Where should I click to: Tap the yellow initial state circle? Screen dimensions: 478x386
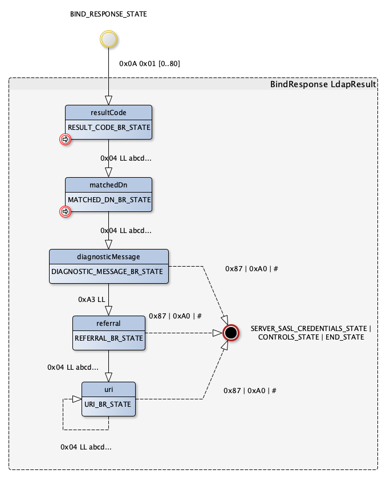[x=108, y=39]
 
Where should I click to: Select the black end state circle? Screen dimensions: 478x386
[x=230, y=332]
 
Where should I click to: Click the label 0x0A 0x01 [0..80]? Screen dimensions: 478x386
[x=149, y=64]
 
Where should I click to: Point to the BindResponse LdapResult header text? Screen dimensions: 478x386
[x=323, y=84]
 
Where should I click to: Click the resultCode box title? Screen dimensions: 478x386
[x=108, y=112]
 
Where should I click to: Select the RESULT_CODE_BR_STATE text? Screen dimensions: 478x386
[x=109, y=128]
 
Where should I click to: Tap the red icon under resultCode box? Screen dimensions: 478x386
[x=65, y=139]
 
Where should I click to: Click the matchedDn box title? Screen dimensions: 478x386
[x=108, y=185]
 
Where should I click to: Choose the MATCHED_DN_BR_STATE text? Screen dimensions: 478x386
[x=109, y=200]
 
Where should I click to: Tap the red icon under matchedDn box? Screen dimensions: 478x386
[x=65, y=211]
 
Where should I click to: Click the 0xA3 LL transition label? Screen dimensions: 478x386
[x=92, y=299]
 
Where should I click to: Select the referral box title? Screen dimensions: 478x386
[x=108, y=323]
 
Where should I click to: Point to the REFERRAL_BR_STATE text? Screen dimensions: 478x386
[x=109, y=338]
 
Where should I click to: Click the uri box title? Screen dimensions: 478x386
[x=108, y=389]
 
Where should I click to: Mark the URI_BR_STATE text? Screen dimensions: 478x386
[x=108, y=405]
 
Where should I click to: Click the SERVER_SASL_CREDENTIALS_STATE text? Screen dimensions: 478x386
[x=310, y=329]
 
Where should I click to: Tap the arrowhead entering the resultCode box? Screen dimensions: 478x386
[x=108, y=100]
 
